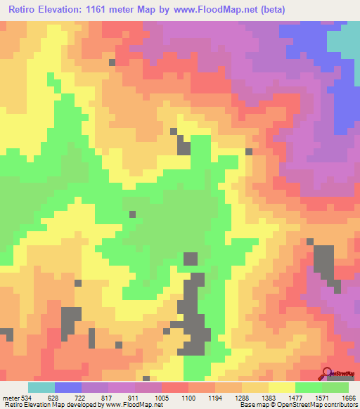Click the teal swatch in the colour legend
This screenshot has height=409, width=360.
41,387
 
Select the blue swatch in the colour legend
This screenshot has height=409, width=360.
68,387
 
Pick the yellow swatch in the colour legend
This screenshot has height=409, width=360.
282,387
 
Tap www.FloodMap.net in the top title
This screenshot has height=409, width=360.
214,10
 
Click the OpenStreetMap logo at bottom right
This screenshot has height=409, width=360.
337,373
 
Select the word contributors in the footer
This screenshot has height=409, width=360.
340,404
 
